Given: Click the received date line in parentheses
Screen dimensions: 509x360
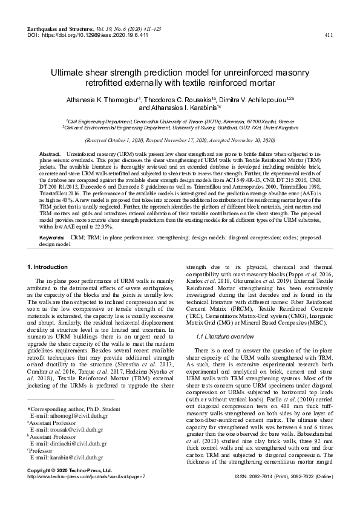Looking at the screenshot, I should coord(179,138).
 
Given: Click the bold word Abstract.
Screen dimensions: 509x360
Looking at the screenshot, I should coord(50,155).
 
